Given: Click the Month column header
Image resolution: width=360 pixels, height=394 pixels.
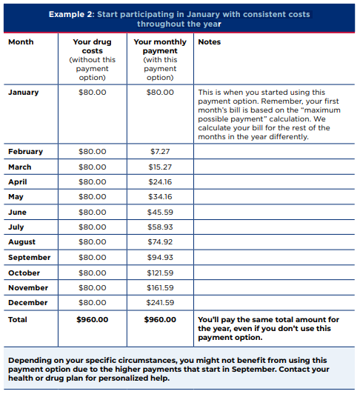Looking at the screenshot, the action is click(21, 42).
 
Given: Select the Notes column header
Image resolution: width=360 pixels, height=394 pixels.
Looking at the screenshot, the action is click(210, 42).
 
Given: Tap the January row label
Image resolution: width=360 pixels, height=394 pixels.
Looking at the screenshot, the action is click(24, 93).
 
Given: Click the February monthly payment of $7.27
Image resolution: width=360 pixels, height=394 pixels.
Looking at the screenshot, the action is click(160, 152).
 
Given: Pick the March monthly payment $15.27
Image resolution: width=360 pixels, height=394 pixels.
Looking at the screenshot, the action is click(160, 167).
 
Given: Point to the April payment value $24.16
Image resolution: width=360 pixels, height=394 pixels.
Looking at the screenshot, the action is click(160, 182).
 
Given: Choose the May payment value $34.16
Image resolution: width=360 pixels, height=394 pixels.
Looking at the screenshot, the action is click(160, 197).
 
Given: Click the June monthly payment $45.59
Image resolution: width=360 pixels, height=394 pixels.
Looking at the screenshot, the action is click(160, 213).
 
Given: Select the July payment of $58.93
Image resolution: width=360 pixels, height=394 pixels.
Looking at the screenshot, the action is click(160, 227).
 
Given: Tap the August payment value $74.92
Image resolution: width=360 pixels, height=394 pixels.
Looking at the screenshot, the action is click(160, 242).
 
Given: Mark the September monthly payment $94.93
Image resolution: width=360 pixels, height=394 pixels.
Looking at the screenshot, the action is click(160, 258).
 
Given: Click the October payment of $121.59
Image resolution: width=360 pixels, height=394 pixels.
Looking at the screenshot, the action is click(160, 273).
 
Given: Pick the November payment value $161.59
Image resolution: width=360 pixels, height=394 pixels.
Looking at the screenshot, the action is click(160, 288).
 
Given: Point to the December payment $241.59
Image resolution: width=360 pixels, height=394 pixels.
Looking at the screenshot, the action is click(160, 303).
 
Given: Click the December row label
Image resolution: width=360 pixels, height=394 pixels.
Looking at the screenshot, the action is click(28, 303).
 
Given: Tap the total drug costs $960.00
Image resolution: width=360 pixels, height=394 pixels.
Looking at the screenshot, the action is click(93, 320).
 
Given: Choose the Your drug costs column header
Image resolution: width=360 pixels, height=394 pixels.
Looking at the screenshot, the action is click(93, 47).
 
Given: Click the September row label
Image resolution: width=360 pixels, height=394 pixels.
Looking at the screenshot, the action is click(30, 258).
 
